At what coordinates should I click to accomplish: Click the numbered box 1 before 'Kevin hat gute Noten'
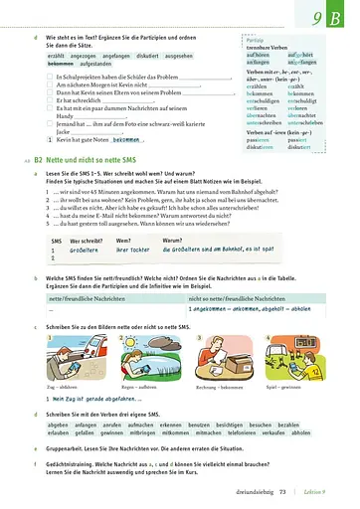51,140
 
